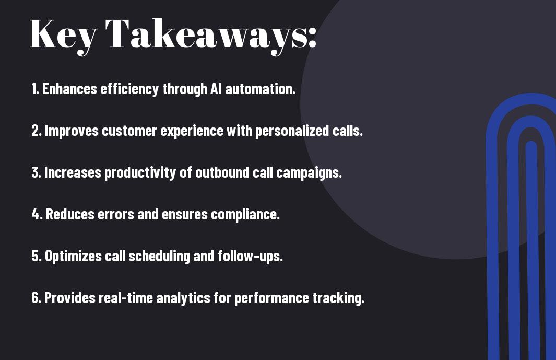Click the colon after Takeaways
click(312, 38)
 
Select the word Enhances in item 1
click(69, 89)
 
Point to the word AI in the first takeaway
click(216, 89)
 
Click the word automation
click(260, 89)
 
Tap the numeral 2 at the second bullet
click(35, 131)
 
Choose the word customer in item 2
click(129, 131)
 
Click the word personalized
click(292, 131)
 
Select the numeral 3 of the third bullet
click(35, 172)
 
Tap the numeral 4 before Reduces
click(36, 214)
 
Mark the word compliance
click(245, 215)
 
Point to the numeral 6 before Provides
click(35, 297)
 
